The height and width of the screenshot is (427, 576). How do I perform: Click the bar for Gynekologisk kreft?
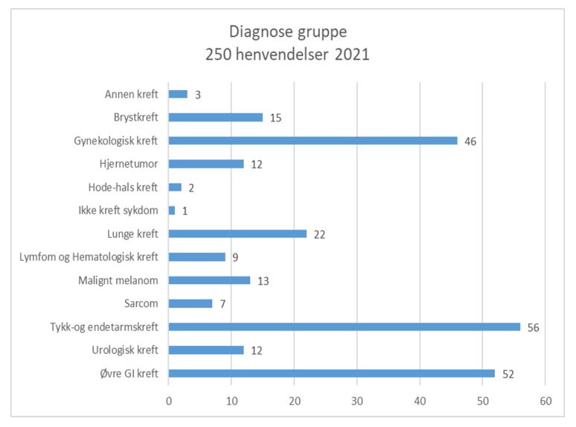click(x=313, y=140)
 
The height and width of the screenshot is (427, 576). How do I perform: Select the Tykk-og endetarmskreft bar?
click(x=344, y=326)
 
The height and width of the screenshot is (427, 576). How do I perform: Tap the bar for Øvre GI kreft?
click(x=331, y=373)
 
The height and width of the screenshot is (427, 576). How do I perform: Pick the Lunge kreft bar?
click(x=237, y=233)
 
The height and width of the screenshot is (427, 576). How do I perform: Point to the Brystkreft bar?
click(x=216, y=117)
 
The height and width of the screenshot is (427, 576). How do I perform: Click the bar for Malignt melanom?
click(x=209, y=280)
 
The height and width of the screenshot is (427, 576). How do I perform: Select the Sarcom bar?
click(x=191, y=303)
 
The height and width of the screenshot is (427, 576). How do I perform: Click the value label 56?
click(x=533, y=327)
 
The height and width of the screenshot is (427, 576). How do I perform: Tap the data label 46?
click(x=470, y=141)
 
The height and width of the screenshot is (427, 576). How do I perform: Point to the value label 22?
click(x=319, y=234)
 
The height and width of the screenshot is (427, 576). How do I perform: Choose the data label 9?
click(x=234, y=257)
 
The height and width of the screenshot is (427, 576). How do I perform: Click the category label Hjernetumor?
click(x=128, y=163)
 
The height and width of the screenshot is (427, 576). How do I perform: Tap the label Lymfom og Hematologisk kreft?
click(x=88, y=257)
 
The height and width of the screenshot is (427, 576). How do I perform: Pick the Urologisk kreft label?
click(x=122, y=350)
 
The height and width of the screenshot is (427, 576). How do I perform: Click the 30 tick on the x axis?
click(x=357, y=401)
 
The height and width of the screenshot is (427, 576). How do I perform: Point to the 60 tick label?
click(x=545, y=401)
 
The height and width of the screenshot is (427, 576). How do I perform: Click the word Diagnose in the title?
click(x=258, y=34)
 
